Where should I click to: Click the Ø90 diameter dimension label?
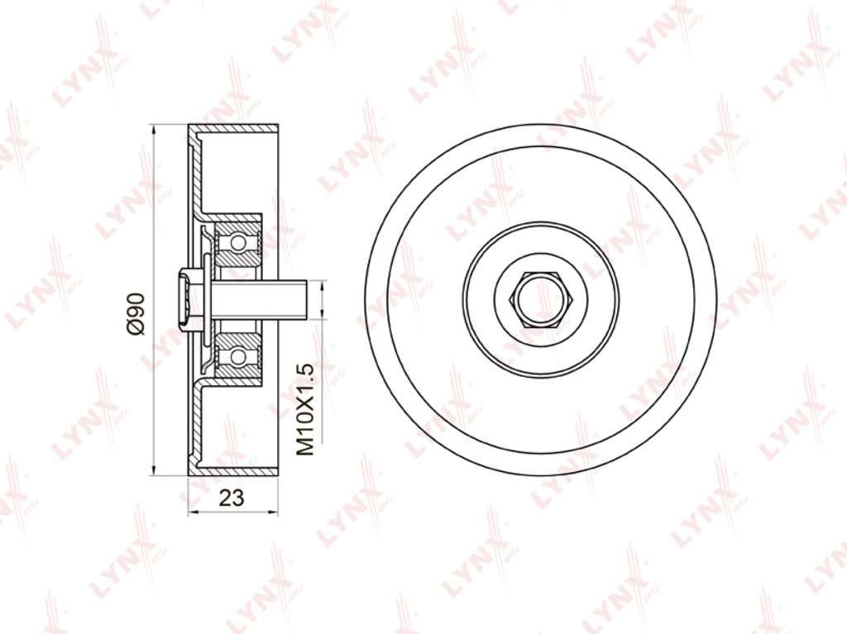tap(137, 314)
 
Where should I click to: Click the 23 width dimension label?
tap(232, 498)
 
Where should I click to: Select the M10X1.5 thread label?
tap(305, 409)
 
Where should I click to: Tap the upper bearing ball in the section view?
tap(237, 242)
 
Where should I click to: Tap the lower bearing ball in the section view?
tap(237, 356)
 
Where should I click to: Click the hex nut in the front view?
tap(541, 300)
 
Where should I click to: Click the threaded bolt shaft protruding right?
tap(259, 299)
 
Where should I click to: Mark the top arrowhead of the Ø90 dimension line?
tap(154, 130)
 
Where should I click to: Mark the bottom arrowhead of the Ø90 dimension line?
tap(154, 471)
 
